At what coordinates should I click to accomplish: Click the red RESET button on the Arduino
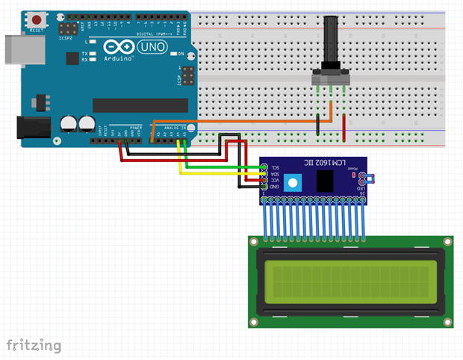(x=35, y=20)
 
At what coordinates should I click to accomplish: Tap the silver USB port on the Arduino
(x=13, y=51)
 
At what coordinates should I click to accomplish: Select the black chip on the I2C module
(x=326, y=180)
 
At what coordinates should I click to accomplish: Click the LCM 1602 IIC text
(x=320, y=164)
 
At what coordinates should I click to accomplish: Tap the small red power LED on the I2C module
(x=351, y=170)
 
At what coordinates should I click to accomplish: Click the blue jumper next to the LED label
(x=367, y=178)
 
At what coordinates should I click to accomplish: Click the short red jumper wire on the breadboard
(x=344, y=127)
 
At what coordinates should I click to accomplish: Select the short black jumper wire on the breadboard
(x=318, y=124)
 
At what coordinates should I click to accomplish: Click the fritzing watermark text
(x=34, y=345)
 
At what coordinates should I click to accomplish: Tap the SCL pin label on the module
(x=276, y=167)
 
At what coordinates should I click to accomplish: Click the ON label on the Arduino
(x=180, y=54)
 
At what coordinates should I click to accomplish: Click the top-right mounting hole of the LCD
(x=447, y=242)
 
